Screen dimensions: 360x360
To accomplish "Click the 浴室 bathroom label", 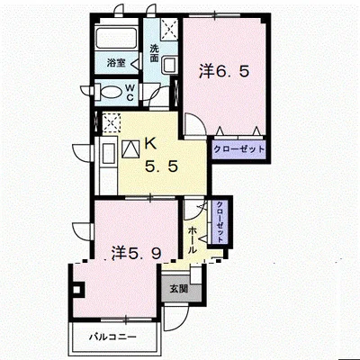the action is coord(116,63).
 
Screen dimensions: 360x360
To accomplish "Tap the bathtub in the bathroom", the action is coord(116,39).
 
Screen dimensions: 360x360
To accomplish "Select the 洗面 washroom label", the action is coord(154,53).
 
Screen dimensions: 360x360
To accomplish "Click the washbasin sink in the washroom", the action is coord(170,65).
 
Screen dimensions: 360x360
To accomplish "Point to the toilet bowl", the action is coord(110,93).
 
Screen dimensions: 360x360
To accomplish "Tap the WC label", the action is coord(130,93).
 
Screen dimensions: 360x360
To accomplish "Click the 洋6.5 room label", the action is coord(224,71).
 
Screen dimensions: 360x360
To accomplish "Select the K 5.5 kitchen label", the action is coord(162,155).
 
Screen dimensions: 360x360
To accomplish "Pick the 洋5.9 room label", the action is coord(137,253).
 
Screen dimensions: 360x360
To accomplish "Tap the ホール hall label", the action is coord(193,240).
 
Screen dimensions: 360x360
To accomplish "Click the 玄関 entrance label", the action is coord(179,289).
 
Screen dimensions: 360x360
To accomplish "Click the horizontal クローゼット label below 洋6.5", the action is coord(239,148).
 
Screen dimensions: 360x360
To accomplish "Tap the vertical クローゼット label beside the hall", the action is coord(220,221).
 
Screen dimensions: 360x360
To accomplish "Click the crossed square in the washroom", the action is coord(169,29).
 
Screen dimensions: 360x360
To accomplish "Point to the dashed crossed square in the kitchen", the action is coord(112,123).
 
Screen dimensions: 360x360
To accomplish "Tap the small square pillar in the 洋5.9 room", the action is coord(76,290).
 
